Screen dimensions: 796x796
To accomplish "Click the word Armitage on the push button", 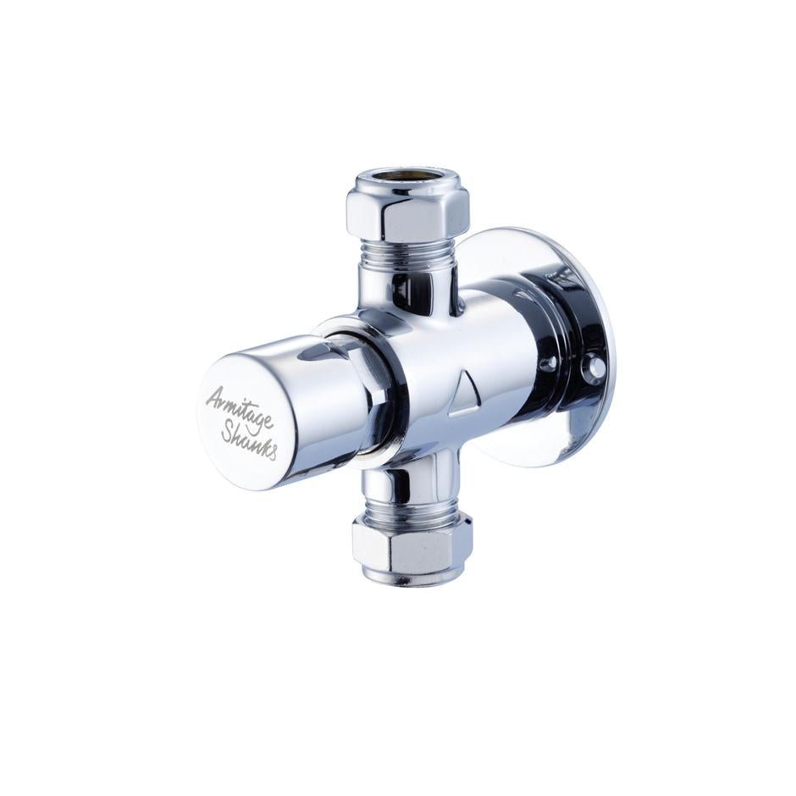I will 238,406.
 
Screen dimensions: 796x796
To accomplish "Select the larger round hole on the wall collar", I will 596,368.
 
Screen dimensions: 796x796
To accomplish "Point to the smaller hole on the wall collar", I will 551,362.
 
